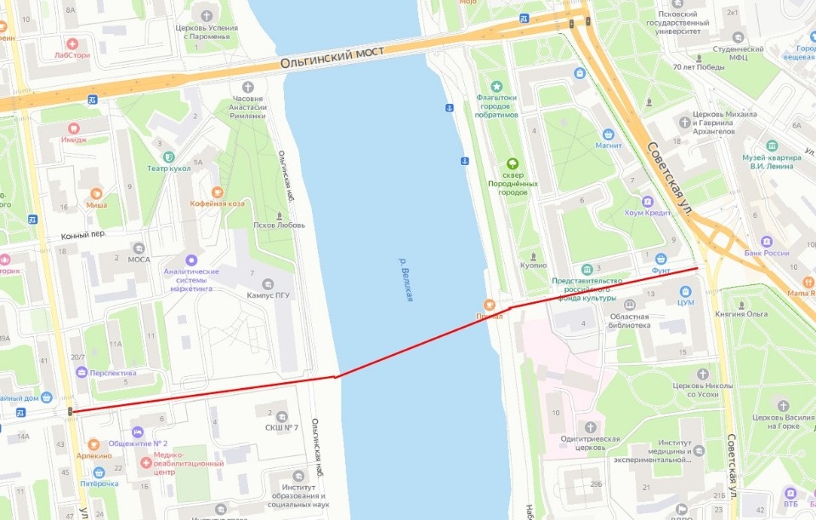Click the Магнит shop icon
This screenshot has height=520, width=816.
609,134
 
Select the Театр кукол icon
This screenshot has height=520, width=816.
168,157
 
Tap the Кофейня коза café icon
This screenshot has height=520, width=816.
217,192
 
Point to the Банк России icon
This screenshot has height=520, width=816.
766,241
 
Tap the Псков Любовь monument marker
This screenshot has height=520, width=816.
279,214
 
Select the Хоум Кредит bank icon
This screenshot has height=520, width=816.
647,202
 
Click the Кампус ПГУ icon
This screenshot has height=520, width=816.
269,283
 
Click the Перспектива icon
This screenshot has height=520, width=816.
82,372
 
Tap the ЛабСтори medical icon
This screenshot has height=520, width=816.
72,44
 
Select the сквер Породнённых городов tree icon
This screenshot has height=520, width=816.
512,163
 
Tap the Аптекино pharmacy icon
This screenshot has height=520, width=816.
93,444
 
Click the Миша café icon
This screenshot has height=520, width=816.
96,193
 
